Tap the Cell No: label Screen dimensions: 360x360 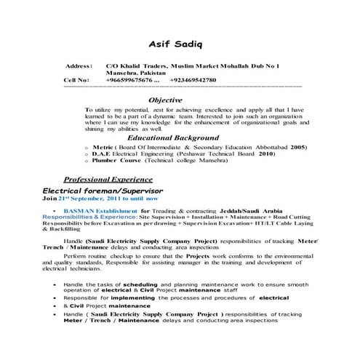tap(76, 80)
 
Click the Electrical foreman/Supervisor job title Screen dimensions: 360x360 tap(103, 189)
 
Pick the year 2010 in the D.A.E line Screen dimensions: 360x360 tap(267, 154)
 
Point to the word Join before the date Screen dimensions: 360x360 tap(48, 197)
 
